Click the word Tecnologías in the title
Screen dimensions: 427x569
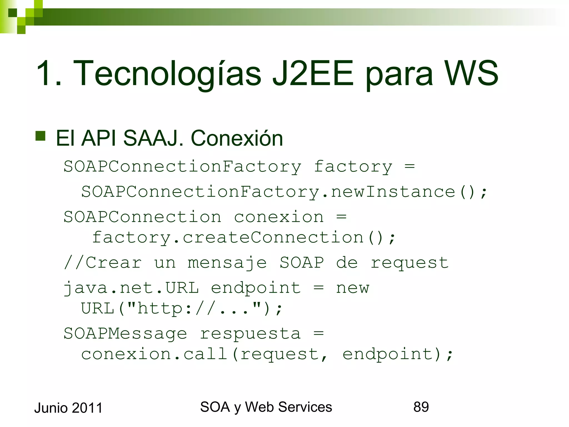point(167,73)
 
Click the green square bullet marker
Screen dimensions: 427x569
point(41,136)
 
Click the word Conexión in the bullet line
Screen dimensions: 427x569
point(237,138)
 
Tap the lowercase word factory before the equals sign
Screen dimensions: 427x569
point(353,167)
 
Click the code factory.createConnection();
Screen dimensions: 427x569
point(243,238)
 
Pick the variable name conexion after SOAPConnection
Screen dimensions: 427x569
point(279,217)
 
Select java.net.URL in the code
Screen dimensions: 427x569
point(131,288)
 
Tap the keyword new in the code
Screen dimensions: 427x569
point(353,288)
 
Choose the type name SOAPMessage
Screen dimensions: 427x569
point(125,333)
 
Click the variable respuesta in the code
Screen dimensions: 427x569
point(250,333)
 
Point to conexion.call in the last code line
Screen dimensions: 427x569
point(154,354)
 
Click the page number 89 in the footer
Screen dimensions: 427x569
point(421,407)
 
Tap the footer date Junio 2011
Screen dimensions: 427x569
point(68,408)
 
